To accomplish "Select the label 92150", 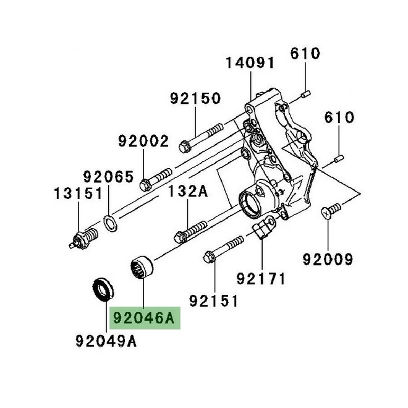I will point(196,98).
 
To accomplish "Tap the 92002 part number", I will point(143,141).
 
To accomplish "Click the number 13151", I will point(77,194).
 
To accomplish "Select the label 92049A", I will point(106,341).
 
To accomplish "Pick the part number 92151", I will point(213,300).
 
